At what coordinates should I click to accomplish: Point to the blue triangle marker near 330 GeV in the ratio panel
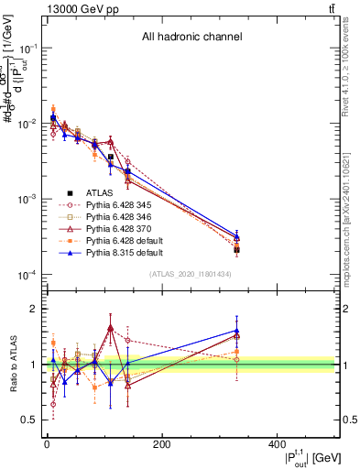click(237, 331)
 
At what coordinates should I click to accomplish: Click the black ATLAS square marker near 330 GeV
click(237, 249)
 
